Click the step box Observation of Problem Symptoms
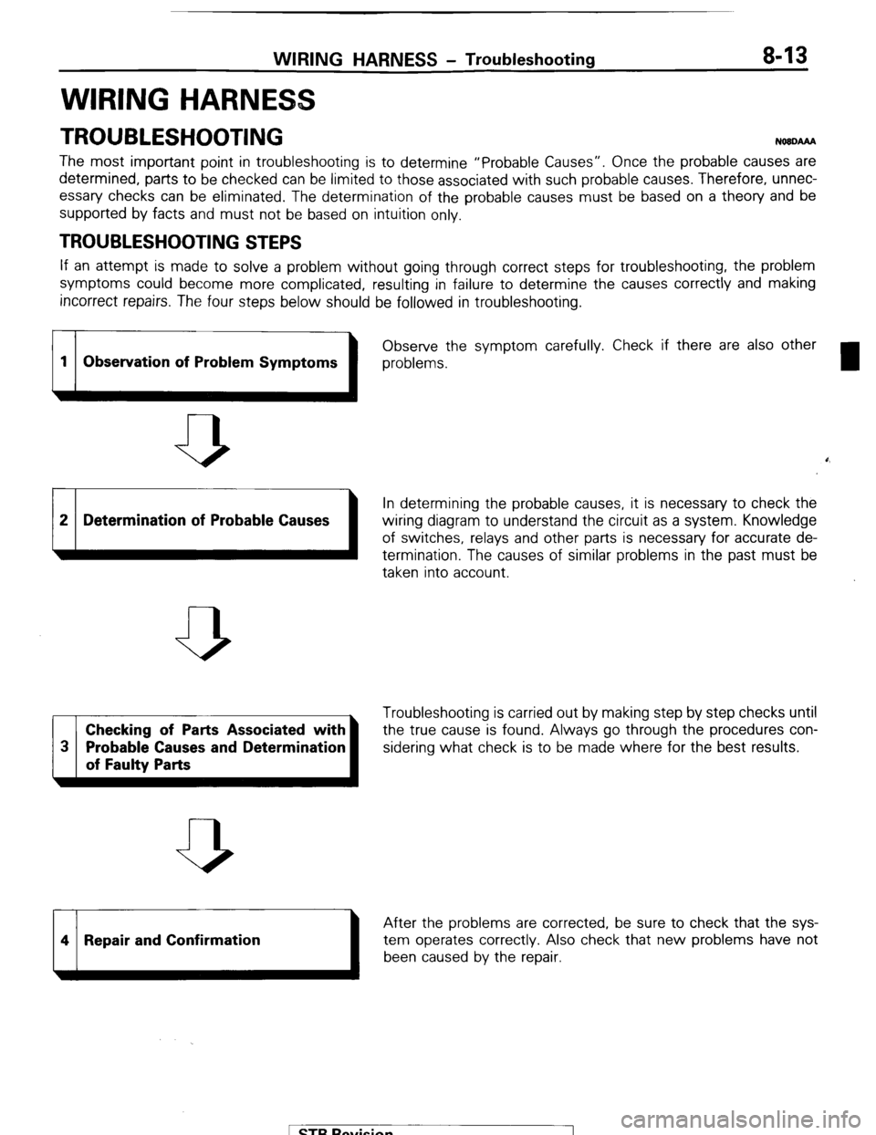click(210, 361)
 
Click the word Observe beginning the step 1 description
click(409, 345)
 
